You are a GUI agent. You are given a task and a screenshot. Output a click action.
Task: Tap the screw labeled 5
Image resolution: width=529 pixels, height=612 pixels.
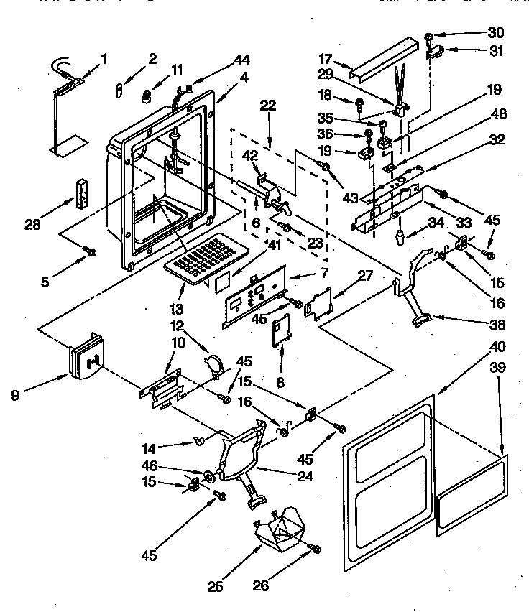(91, 251)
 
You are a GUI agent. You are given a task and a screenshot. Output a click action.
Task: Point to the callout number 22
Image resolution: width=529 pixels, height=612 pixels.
(268, 105)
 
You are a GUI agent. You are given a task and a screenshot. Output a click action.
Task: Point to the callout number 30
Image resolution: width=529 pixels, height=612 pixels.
(496, 33)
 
